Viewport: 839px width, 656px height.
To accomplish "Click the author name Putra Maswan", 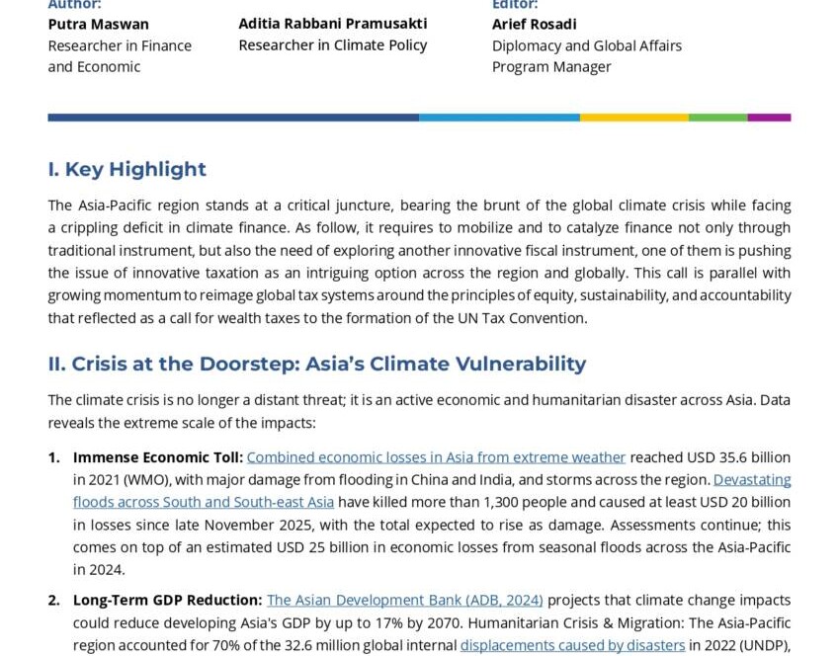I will (x=99, y=24).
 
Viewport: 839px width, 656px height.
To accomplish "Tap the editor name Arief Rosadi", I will (x=534, y=24).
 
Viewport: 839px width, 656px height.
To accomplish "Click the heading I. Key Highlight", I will (x=126, y=169).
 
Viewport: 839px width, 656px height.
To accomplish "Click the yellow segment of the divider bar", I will (x=633, y=118).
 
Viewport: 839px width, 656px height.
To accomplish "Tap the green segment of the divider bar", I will (x=717, y=118).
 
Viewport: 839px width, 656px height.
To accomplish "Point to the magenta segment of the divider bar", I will (x=769, y=118).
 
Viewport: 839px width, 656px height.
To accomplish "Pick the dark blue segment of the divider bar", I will (x=233, y=118).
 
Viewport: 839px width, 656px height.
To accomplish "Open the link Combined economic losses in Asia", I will (x=436, y=457).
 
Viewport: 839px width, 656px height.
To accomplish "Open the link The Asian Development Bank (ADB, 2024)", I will (x=404, y=600).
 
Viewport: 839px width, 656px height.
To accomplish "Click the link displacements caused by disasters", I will (x=572, y=645).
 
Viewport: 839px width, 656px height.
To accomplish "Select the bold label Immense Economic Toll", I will (x=158, y=457).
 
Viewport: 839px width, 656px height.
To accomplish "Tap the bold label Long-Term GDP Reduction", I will (x=168, y=600).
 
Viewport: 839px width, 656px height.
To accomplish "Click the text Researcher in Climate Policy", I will (x=333, y=45).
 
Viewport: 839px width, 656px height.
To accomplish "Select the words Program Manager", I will (x=551, y=67).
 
